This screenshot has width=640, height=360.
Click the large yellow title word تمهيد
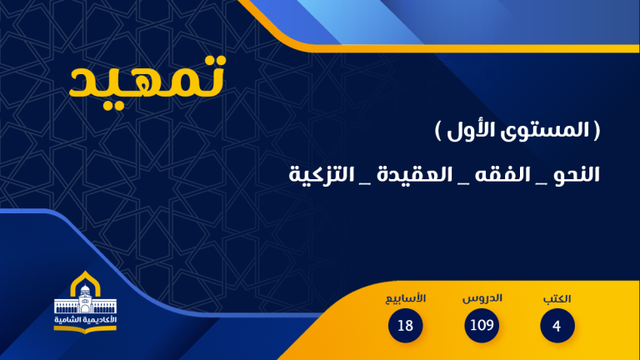[x=147, y=78]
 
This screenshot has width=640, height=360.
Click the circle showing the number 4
[x=556, y=325]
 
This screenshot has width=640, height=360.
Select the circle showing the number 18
[x=406, y=325]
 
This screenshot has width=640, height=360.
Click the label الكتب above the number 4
[x=557, y=298]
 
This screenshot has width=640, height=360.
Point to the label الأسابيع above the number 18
[x=406, y=298]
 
